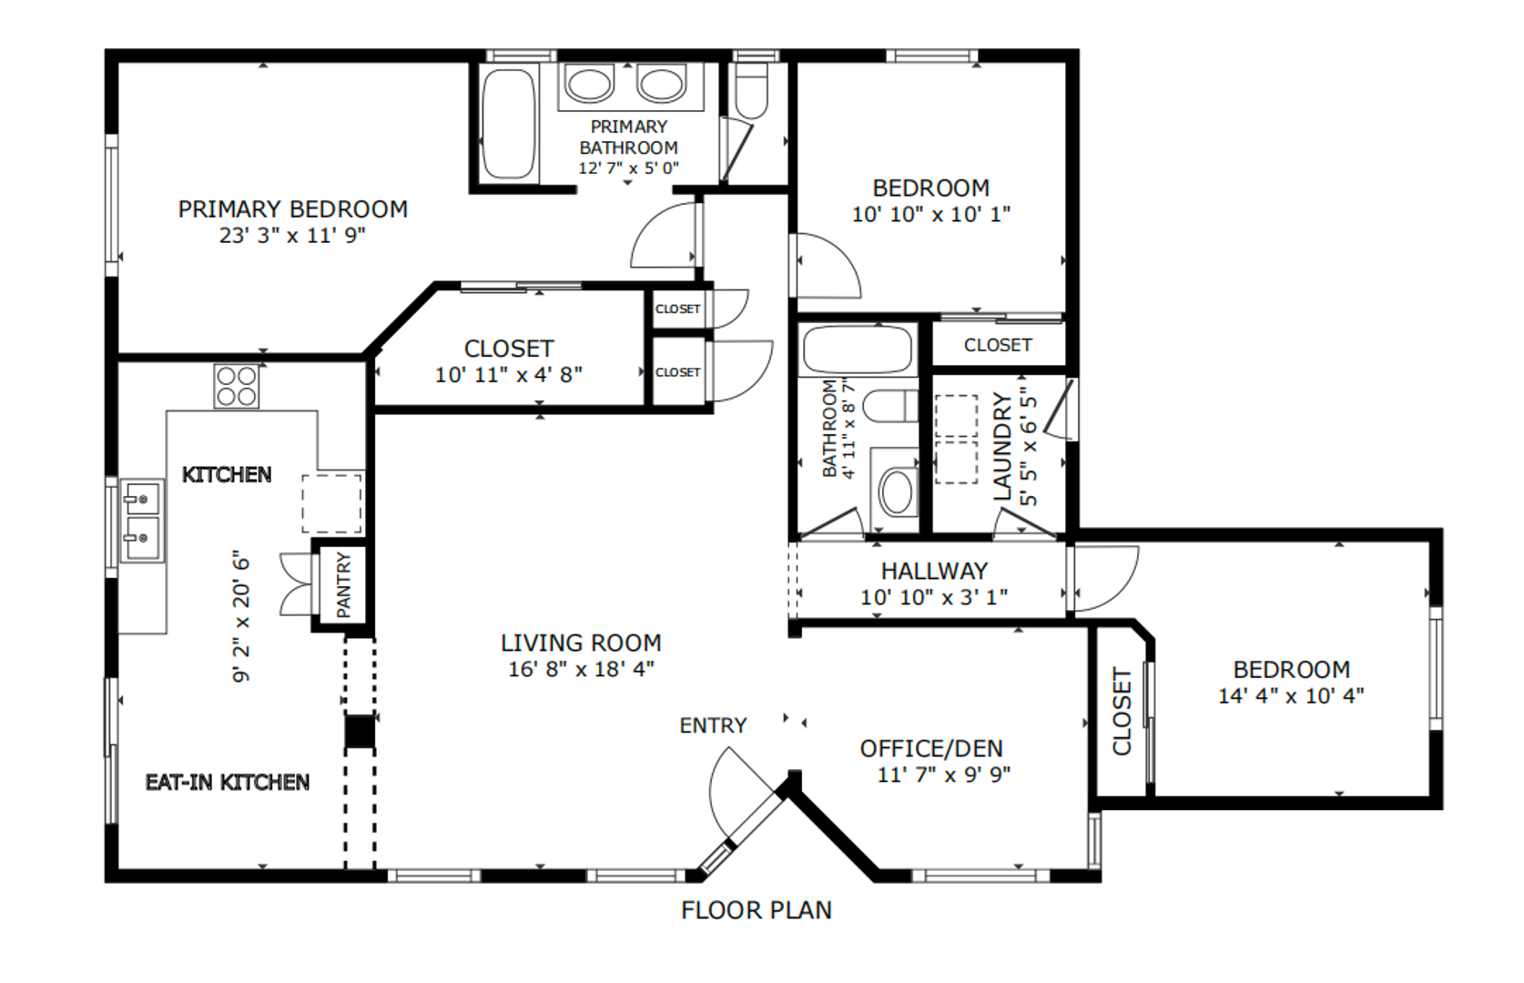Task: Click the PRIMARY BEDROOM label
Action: (292, 208)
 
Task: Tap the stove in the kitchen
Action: (236, 387)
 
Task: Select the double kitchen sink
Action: (143, 521)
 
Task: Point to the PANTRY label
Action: (343, 584)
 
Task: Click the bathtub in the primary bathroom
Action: (508, 123)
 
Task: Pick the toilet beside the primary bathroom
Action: (751, 90)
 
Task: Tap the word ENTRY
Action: (713, 725)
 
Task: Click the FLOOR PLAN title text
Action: (757, 910)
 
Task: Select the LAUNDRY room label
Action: (1003, 446)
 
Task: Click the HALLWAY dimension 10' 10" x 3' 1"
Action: (934, 597)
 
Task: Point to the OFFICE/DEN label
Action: (931, 748)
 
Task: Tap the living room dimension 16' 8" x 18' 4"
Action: (581, 669)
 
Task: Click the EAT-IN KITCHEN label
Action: (228, 783)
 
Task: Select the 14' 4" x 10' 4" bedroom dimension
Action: (1291, 696)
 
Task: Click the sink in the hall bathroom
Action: (897, 491)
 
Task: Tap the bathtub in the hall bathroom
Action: (858, 350)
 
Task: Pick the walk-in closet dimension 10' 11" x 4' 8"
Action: (508, 375)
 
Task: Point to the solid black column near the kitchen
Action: (360, 731)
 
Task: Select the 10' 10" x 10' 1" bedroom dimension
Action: (930, 214)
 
